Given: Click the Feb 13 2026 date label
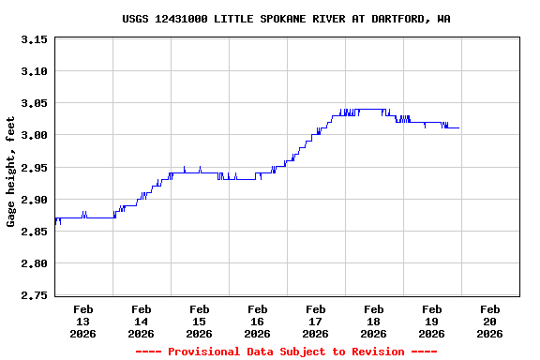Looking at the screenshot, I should coord(82,322).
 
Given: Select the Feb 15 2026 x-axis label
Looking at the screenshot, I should coord(199,322).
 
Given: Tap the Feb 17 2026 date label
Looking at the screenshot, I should coord(315,322).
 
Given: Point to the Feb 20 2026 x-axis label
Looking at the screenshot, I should coord(489,322).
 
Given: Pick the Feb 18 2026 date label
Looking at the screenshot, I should coord(373,322).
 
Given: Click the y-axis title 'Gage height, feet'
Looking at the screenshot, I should coord(11,172).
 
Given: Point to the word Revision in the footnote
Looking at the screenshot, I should coord(371,352).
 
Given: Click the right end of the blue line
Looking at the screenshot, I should coord(458,127).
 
